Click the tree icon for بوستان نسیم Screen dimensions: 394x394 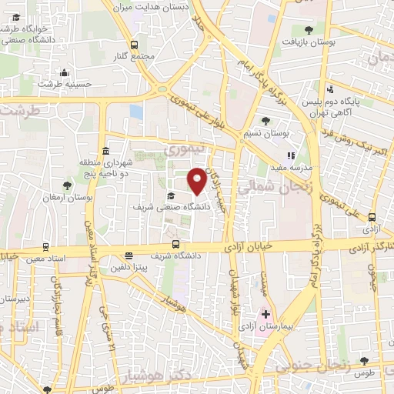click(x=265, y=121)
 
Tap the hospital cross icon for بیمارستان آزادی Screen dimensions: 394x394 click(x=265, y=315)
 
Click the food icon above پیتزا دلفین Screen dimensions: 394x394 click(x=129, y=256)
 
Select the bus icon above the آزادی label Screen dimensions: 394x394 click(x=372, y=218)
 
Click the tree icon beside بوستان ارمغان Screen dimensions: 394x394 click(x=67, y=185)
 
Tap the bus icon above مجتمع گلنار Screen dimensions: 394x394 click(x=135, y=45)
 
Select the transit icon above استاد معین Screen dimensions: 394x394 click(x=46, y=248)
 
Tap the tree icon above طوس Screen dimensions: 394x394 click(x=364, y=361)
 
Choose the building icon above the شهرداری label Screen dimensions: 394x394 click(x=105, y=151)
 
